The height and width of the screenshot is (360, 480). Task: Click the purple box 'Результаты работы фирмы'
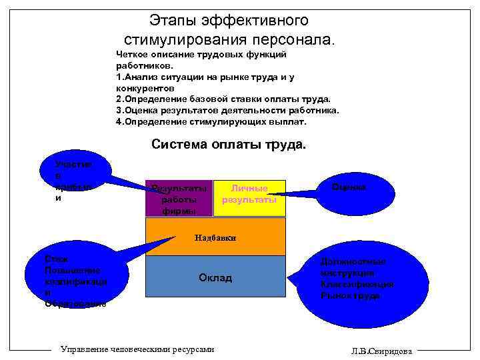click(179, 199)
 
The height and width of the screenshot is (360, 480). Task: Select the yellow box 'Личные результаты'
click(249, 199)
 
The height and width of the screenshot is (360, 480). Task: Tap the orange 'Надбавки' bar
click(215, 237)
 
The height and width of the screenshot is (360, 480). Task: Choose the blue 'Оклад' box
click(215, 277)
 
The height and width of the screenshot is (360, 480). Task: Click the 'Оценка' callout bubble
click(349, 188)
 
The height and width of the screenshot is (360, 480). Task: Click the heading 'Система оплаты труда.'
click(229, 144)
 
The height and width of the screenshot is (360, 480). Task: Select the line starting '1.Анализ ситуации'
click(205, 77)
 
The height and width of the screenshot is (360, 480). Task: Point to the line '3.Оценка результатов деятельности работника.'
click(227, 111)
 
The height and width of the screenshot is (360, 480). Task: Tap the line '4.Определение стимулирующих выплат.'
click(211, 122)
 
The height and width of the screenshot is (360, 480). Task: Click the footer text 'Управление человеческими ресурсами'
click(137, 349)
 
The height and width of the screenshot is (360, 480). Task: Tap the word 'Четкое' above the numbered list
click(131, 54)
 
